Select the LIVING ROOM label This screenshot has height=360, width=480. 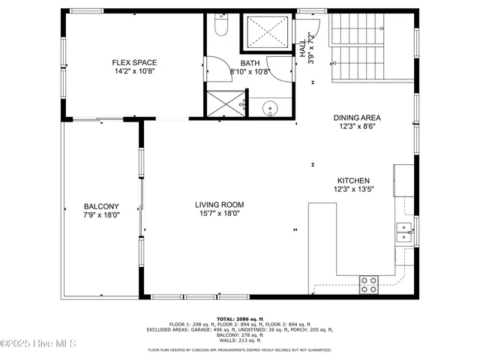point(220,205)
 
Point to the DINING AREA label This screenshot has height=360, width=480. point(358,118)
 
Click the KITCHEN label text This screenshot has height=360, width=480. point(352,180)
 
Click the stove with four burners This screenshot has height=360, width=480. point(369,283)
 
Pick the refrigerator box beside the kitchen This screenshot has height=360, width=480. point(404,178)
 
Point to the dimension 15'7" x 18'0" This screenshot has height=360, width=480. point(220,214)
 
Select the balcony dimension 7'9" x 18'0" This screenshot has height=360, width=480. point(99,214)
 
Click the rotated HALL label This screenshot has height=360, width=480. point(303,49)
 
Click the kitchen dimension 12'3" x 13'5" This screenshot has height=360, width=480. point(352,190)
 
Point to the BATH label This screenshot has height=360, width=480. point(250,63)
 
